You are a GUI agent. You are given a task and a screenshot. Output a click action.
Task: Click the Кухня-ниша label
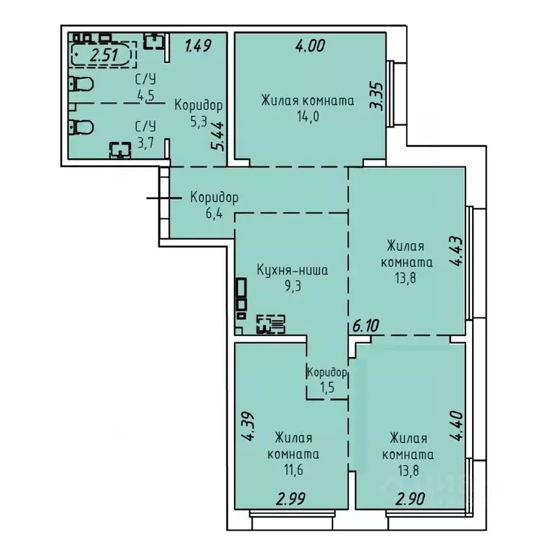tap(292, 270)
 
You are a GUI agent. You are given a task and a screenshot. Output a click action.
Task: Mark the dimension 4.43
tap(455, 252)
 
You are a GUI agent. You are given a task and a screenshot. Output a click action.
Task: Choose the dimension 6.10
tap(366, 327)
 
